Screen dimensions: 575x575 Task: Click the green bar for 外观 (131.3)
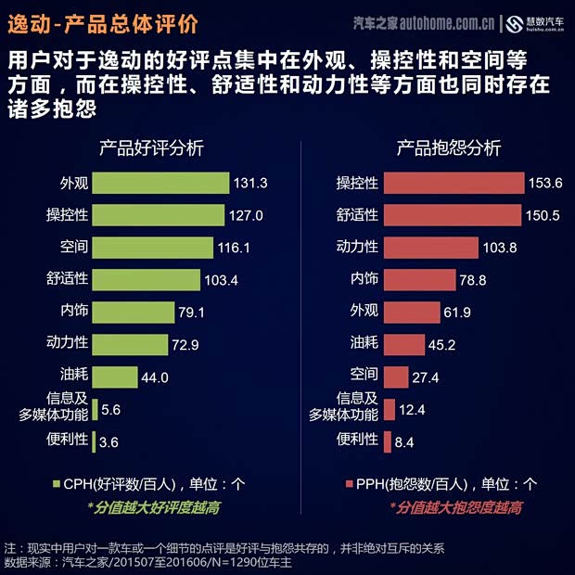coord(160,183)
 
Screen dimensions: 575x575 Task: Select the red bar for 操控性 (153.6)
coord(454,183)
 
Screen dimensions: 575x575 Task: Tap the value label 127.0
coord(246,215)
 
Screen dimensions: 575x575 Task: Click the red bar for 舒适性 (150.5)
coord(453,215)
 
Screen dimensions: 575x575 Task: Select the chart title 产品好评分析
coord(152,148)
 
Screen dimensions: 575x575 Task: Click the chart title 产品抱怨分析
coord(449,148)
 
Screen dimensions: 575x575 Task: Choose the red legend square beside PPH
coord(350,484)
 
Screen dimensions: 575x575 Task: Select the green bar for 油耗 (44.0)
coord(115,377)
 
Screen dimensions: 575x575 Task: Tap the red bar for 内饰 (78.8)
coord(419,280)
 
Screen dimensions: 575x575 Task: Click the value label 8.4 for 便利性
coord(404,442)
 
